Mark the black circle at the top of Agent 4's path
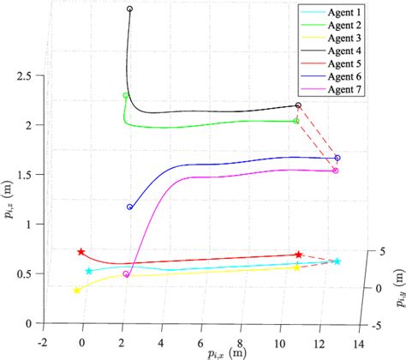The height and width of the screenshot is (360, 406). click(x=129, y=9)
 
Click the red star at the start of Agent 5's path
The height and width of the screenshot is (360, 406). click(x=81, y=252)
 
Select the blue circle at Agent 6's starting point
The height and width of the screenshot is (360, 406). click(x=129, y=207)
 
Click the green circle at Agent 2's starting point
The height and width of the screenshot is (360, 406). click(x=126, y=96)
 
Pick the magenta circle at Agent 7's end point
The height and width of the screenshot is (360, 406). click(x=335, y=171)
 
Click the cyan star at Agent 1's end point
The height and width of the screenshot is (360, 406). click(x=337, y=261)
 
